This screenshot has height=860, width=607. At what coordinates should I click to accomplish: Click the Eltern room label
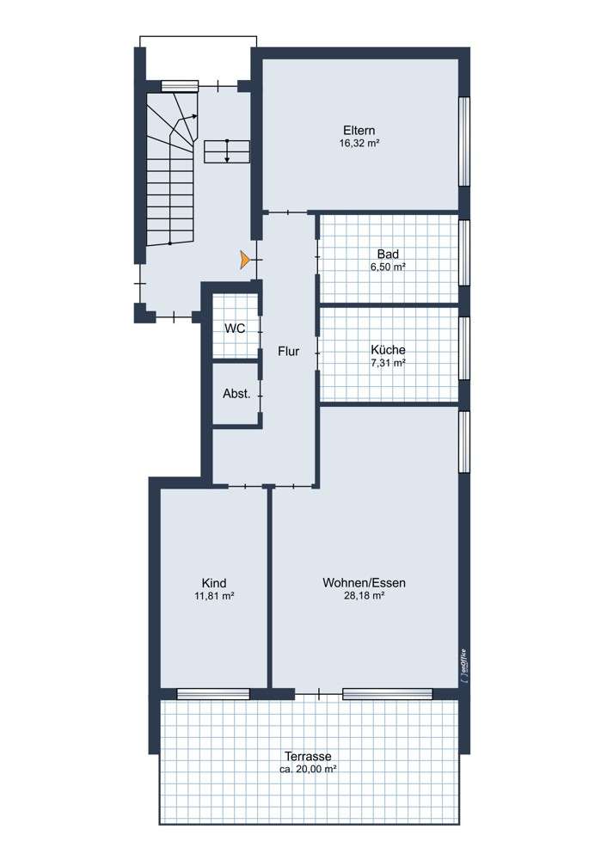pyautogui.click(x=359, y=131)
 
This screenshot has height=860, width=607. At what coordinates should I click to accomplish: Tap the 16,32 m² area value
pyautogui.click(x=359, y=144)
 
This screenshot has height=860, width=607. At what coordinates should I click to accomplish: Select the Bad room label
pyautogui.click(x=388, y=254)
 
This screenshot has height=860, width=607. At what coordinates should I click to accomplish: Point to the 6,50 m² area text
pyautogui.click(x=388, y=267)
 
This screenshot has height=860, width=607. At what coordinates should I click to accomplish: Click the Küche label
pyautogui.click(x=388, y=350)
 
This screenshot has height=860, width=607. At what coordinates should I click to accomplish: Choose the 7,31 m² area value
pyautogui.click(x=388, y=363)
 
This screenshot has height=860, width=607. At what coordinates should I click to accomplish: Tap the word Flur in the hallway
pyautogui.click(x=288, y=351)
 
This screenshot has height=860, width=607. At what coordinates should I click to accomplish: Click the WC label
pyautogui.click(x=235, y=329)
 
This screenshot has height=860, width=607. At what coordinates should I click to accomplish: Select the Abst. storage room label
pyautogui.click(x=236, y=394)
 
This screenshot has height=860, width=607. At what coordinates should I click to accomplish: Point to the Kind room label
pyautogui.click(x=214, y=582)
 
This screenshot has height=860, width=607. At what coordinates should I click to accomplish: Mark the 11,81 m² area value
pyautogui.click(x=214, y=595)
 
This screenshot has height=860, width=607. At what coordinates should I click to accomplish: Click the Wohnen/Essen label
pyautogui.click(x=364, y=582)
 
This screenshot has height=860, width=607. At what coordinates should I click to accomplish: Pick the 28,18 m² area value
pyautogui.click(x=364, y=595)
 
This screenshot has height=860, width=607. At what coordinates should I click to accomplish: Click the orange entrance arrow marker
pyautogui.click(x=245, y=258)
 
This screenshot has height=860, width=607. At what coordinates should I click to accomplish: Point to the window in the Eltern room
pyautogui.click(x=464, y=141)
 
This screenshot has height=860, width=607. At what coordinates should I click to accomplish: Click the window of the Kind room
pyautogui.click(x=213, y=693)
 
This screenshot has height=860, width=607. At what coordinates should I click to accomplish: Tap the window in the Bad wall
pyautogui.click(x=464, y=253)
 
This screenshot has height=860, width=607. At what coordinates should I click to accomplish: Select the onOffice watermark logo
pyautogui.click(x=463, y=665)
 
